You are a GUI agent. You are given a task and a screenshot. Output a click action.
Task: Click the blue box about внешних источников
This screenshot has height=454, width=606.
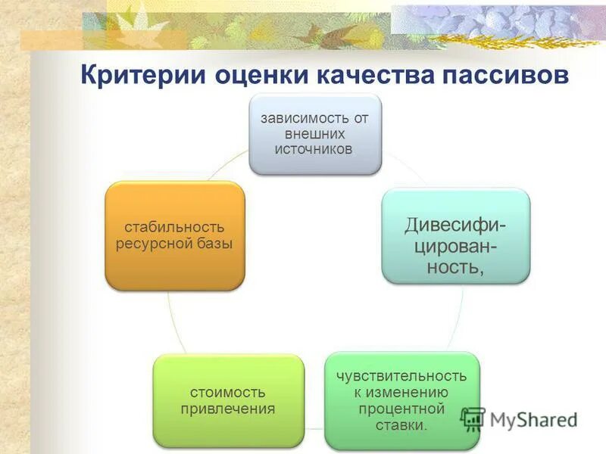[316, 134]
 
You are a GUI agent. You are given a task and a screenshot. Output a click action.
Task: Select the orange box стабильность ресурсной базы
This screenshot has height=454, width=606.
[175, 235]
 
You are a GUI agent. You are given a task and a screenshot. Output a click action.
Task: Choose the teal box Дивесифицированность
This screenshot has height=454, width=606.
[455, 236]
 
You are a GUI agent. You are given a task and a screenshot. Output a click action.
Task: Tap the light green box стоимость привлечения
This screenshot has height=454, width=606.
[228, 400]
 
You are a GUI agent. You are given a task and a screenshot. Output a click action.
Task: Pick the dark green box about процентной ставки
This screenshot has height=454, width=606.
[401, 400]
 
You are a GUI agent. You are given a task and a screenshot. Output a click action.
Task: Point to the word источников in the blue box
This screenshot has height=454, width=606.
[316, 149]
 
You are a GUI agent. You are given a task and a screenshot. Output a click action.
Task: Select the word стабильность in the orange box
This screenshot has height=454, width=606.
[175, 227]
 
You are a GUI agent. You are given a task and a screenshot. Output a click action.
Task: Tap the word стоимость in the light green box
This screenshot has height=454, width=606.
[228, 392]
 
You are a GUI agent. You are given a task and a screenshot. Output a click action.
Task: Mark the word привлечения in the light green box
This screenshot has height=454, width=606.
[228, 409]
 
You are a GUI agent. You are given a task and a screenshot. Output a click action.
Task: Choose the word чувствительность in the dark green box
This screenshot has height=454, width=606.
[401, 375]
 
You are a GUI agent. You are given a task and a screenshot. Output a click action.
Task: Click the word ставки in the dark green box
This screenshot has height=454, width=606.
[401, 425]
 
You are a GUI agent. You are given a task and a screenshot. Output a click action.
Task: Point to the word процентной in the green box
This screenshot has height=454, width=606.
[401, 409]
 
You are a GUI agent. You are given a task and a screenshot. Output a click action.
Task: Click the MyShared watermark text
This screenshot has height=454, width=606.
[533, 418]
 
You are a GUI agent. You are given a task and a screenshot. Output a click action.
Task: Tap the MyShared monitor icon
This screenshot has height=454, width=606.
[473, 418]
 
